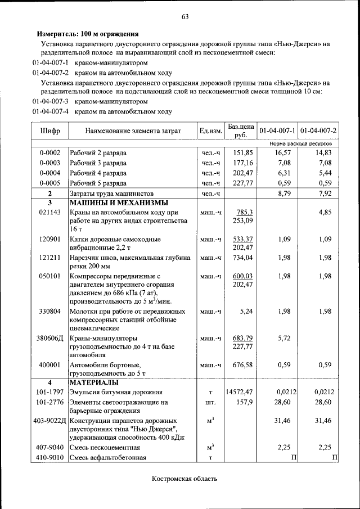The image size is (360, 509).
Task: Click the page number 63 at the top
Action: click(184, 16)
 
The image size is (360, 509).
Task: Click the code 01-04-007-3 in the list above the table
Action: click(50, 102)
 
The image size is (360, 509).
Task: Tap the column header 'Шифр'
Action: click(49, 131)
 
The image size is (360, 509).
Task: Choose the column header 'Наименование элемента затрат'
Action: click(133, 131)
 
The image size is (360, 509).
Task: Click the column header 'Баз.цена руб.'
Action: click(241, 130)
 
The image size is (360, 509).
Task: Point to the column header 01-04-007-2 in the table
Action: click(318, 131)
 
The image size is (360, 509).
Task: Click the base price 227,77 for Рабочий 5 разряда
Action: click(244, 183)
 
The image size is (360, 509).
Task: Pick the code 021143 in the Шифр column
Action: click(49, 213)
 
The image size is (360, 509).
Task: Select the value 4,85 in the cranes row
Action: click(327, 213)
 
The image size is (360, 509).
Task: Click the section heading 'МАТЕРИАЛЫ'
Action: click(93, 382)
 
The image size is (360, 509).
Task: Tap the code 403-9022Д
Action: click(49, 420)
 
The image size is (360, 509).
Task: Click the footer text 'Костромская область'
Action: click(184, 479)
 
